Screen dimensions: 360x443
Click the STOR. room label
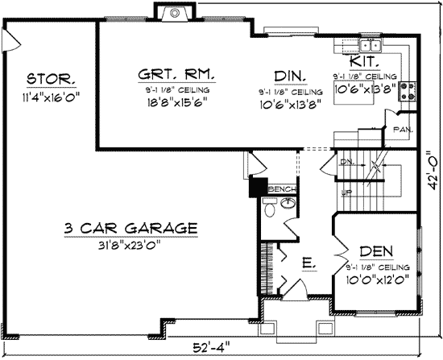(x=51, y=79)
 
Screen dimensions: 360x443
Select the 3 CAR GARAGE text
(x=130, y=229)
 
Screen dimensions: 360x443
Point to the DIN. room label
(x=288, y=76)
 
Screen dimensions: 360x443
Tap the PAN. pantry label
(x=404, y=128)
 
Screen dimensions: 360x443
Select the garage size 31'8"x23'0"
(x=130, y=246)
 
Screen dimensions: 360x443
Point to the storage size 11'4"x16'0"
(x=51, y=97)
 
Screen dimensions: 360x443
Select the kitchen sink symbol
(x=371, y=45)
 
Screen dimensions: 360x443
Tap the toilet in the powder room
(x=270, y=209)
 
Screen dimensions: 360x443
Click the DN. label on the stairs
(x=348, y=163)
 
